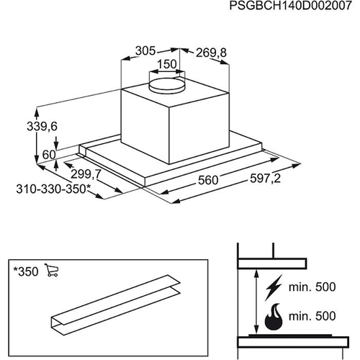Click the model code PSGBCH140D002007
tap(291, 6)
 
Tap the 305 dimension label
tap(145, 51)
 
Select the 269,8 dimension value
tap(211, 53)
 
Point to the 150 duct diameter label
tap(167, 64)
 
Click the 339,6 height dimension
tap(42, 127)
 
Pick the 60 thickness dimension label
tap(49, 155)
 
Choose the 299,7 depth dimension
tap(86, 174)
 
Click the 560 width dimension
tap(208, 180)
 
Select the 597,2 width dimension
tap(265, 179)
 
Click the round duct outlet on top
tap(167, 85)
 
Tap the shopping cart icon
tap(52, 270)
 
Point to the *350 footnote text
tap(26, 272)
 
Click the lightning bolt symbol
tap(273, 288)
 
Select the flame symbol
tap(274, 316)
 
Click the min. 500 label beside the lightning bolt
tap(312, 287)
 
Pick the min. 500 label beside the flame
tap(312, 316)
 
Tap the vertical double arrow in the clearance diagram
tap(256, 302)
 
